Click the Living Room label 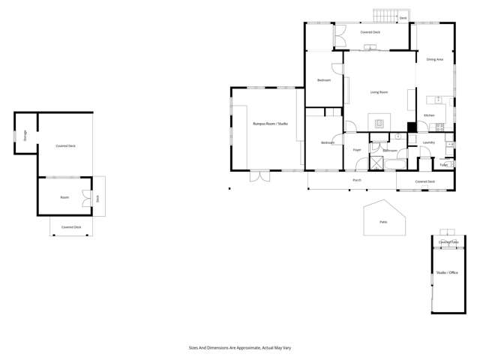click(379, 92)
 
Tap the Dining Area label click(434, 59)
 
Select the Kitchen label click(429, 115)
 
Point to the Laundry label click(429, 142)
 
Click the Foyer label click(357, 150)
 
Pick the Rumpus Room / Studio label click(270, 123)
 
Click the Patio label click(383, 222)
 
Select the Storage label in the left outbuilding click(25, 136)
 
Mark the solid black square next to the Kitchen click(411, 127)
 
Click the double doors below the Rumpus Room click(260, 176)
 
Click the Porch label click(357, 180)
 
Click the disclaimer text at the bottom click(239, 347)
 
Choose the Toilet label click(443, 164)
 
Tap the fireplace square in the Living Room click(379, 122)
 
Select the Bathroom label click(390, 151)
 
